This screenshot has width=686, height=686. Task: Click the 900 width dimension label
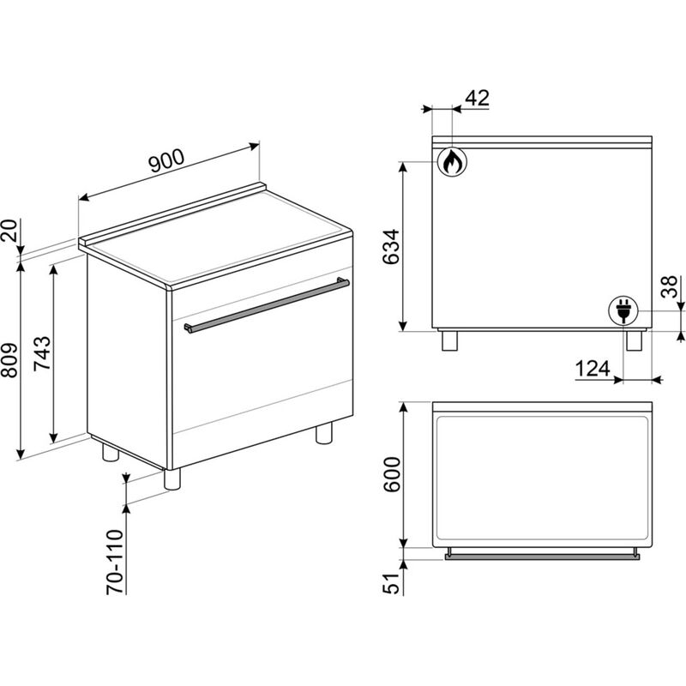166,161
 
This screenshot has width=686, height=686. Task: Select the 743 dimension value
42,353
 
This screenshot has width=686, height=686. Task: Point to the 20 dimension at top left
9,231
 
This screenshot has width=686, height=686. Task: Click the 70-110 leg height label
115,562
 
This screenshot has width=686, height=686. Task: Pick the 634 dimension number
391,247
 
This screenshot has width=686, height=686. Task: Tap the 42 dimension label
477,98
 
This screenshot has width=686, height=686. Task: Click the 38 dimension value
669,287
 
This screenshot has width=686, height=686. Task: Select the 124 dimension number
593,369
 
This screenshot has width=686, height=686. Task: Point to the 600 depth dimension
391,474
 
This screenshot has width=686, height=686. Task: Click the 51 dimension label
391,583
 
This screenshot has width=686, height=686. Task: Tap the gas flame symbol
452,162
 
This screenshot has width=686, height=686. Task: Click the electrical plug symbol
623,310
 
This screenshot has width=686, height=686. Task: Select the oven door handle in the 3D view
267,304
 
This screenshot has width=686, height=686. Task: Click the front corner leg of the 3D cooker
172,479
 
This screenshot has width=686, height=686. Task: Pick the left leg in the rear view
449,340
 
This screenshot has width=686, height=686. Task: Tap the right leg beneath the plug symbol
634,340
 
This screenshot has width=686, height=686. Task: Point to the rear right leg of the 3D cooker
324,433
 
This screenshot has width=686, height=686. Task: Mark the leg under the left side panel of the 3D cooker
111,452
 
